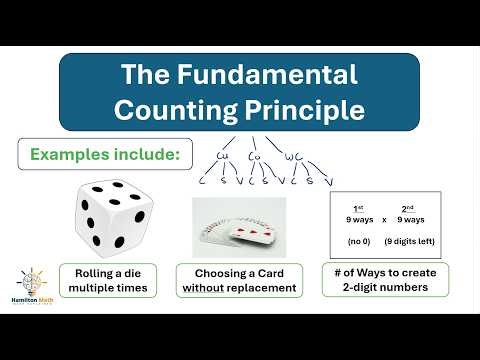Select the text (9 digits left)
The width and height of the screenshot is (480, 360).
411,241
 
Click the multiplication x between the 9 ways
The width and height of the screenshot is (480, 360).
383,219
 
